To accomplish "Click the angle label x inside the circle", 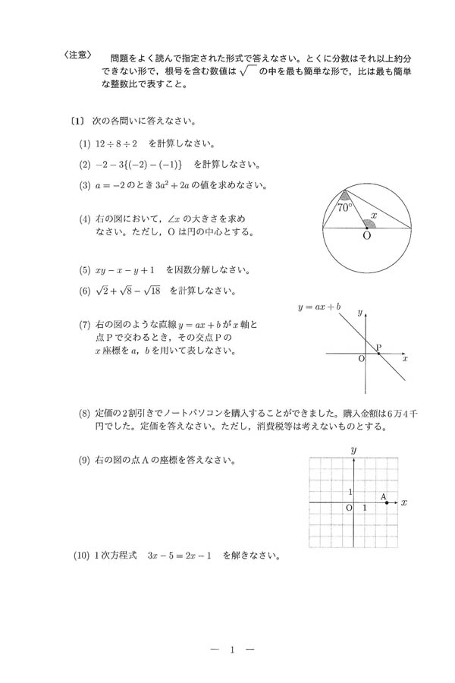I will pos(374,216).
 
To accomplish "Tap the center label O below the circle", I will pos(367,237).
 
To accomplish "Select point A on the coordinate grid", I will pos(388,502).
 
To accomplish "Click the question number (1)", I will pos(83,144).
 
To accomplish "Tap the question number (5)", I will pos(83,270).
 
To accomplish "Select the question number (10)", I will pos(83,556).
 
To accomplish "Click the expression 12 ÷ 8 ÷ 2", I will pos(117,144).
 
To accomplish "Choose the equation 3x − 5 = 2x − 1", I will pos(181,556).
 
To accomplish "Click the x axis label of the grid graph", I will pos(404,502).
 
